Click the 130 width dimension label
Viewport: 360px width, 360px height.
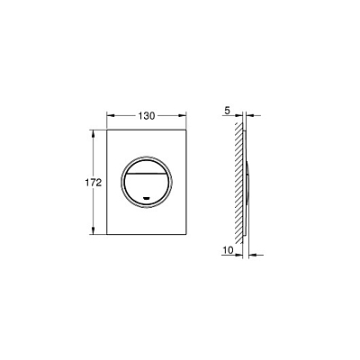(x=147, y=116)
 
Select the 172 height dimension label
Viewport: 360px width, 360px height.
(x=93, y=183)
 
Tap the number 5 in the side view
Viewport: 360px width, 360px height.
(x=227, y=111)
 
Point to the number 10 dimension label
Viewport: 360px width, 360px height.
(x=229, y=250)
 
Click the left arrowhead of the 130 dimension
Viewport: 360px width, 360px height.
(x=111, y=115)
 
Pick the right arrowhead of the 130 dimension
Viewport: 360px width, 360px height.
(x=183, y=115)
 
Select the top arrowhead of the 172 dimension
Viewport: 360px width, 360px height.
(x=94, y=134)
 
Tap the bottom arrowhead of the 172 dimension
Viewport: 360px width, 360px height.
(x=94, y=230)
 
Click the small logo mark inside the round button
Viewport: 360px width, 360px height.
(x=147, y=198)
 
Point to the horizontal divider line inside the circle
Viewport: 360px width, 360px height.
(x=147, y=174)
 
